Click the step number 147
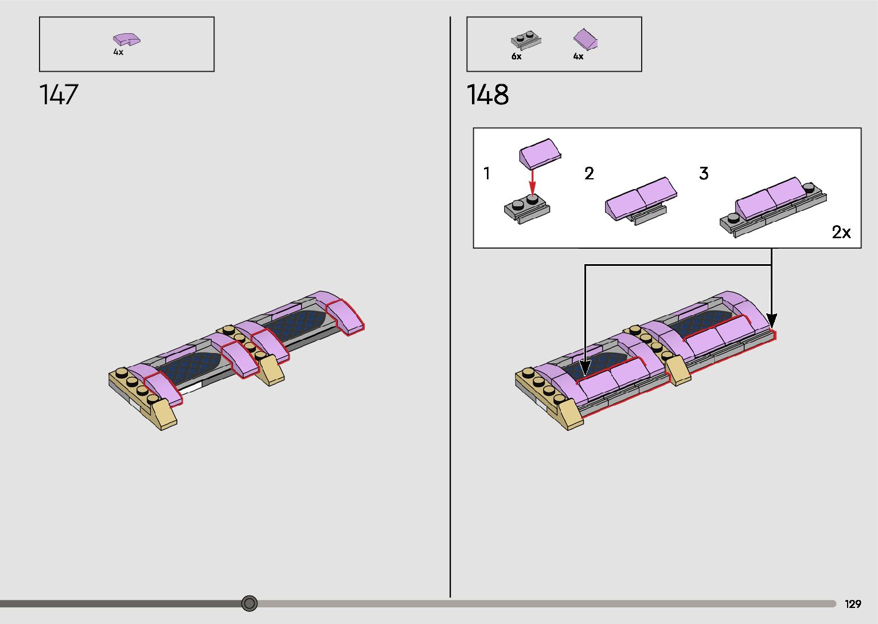pyautogui.click(x=59, y=95)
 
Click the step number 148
pyautogui.click(x=487, y=95)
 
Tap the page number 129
pyautogui.click(x=853, y=603)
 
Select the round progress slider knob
pyautogui.click(x=249, y=603)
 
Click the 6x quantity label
pyautogui.click(x=516, y=56)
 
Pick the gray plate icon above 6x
pyautogui.click(x=526, y=40)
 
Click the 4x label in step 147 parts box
pyautogui.click(x=118, y=52)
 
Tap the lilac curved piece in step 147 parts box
pyautogui.click(x=127, y=40)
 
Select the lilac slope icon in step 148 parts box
pyautogui.click(x=585, y=39)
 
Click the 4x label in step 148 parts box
pyautogui.click(x=578, y=56)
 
